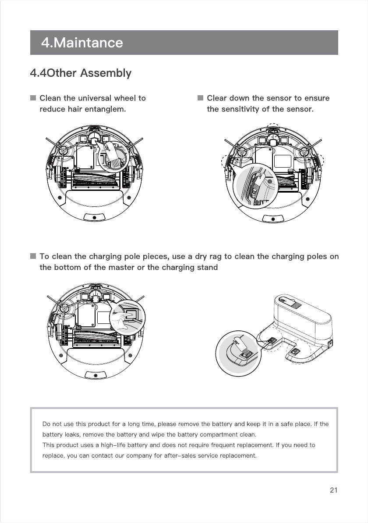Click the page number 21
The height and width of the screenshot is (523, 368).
(x=333, y=490)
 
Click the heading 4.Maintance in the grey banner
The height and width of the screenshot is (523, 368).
(x=82, y=43)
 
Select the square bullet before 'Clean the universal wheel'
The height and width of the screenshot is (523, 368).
(x=33, y=98)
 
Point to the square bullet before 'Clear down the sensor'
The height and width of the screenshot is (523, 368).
(x=201, y=98)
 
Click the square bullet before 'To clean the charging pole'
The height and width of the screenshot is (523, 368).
(x=33, y=256)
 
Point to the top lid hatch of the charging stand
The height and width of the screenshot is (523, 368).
(x=290, y=302)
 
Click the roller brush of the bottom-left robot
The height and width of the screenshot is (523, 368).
(x=95, y=338)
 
